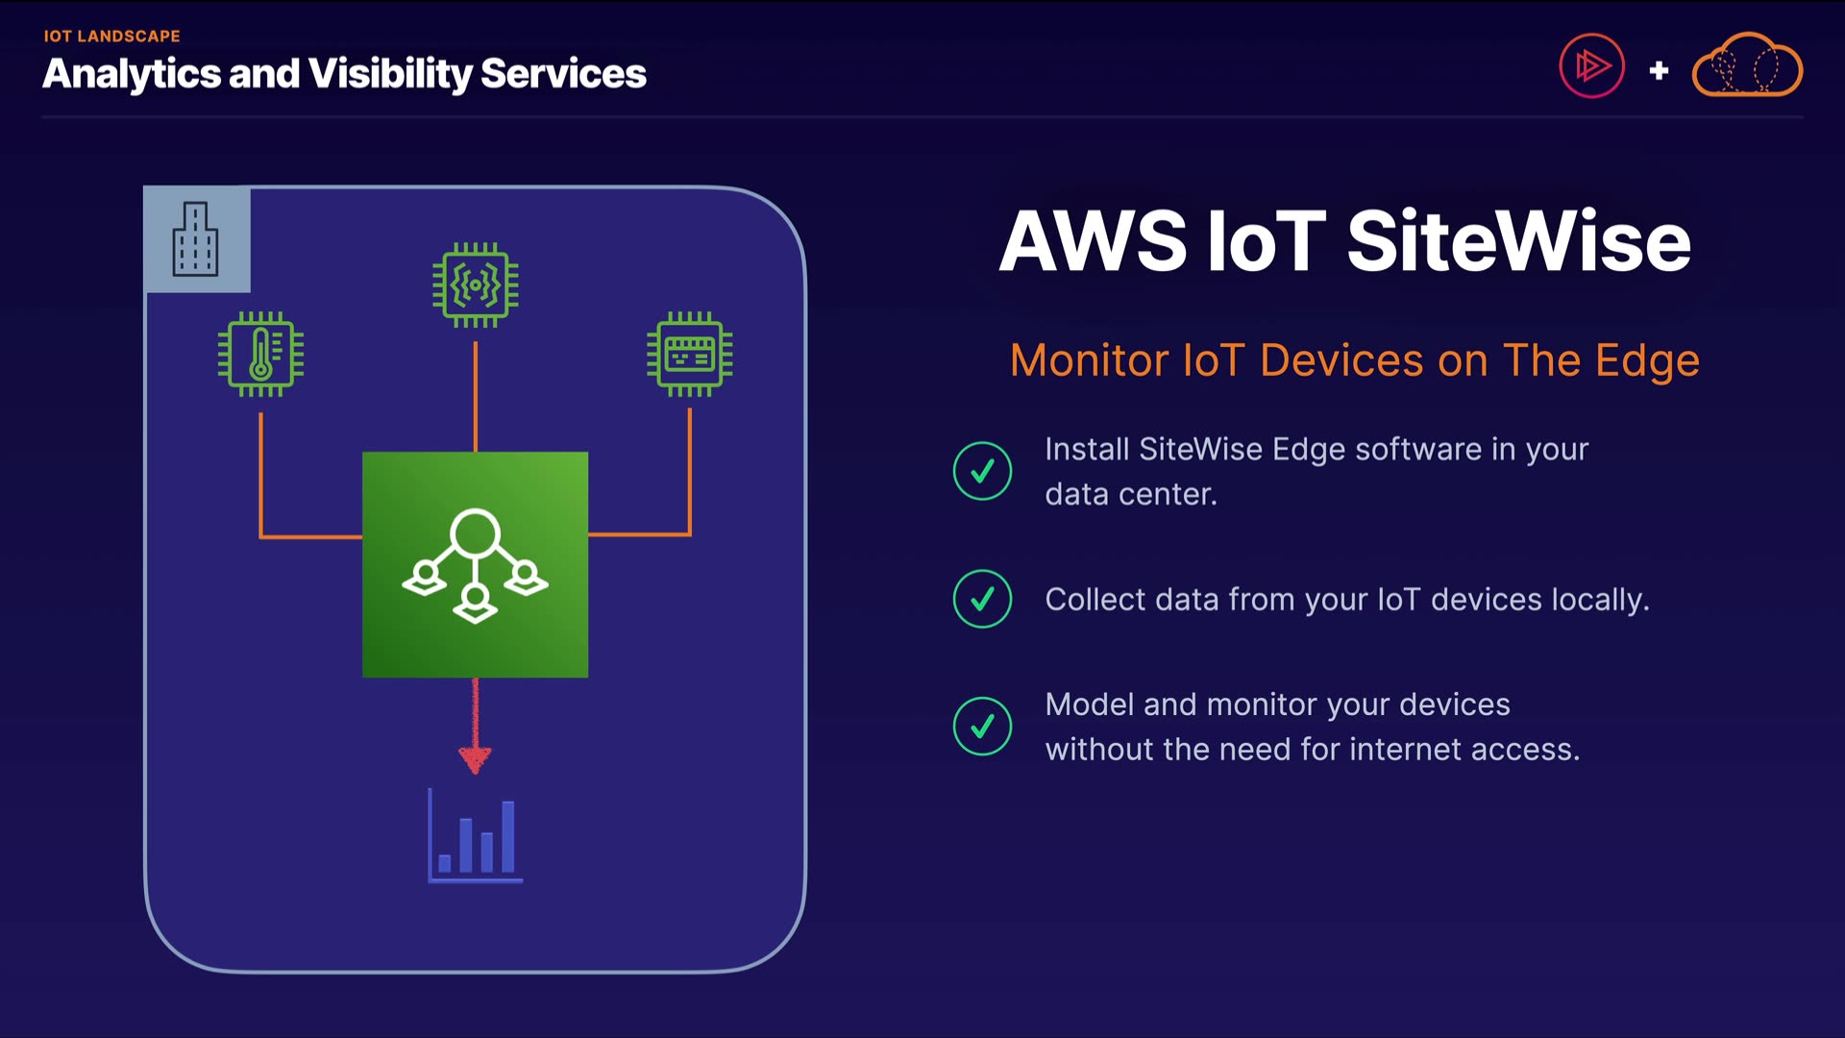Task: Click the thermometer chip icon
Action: (260, 354)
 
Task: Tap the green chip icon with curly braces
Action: (476, 284)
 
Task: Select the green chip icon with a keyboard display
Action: (690, 354)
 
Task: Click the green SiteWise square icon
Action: (475, 565)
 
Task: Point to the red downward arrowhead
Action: (475, 759)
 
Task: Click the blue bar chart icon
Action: (475, 835)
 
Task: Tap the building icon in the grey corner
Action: (195, 239)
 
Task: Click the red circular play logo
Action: (1591, 66)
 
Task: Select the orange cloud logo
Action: (1747, 65)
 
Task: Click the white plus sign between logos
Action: (1659, 70)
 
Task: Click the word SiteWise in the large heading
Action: (1518, 241)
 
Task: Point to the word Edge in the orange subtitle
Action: (1647, 361)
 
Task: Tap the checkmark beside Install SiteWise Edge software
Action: (982, 471)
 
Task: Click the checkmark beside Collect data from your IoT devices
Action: (982, 599)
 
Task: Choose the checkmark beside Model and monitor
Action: (982, 726)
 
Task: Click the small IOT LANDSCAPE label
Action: (111, 37)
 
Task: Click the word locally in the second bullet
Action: (1600, 600)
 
